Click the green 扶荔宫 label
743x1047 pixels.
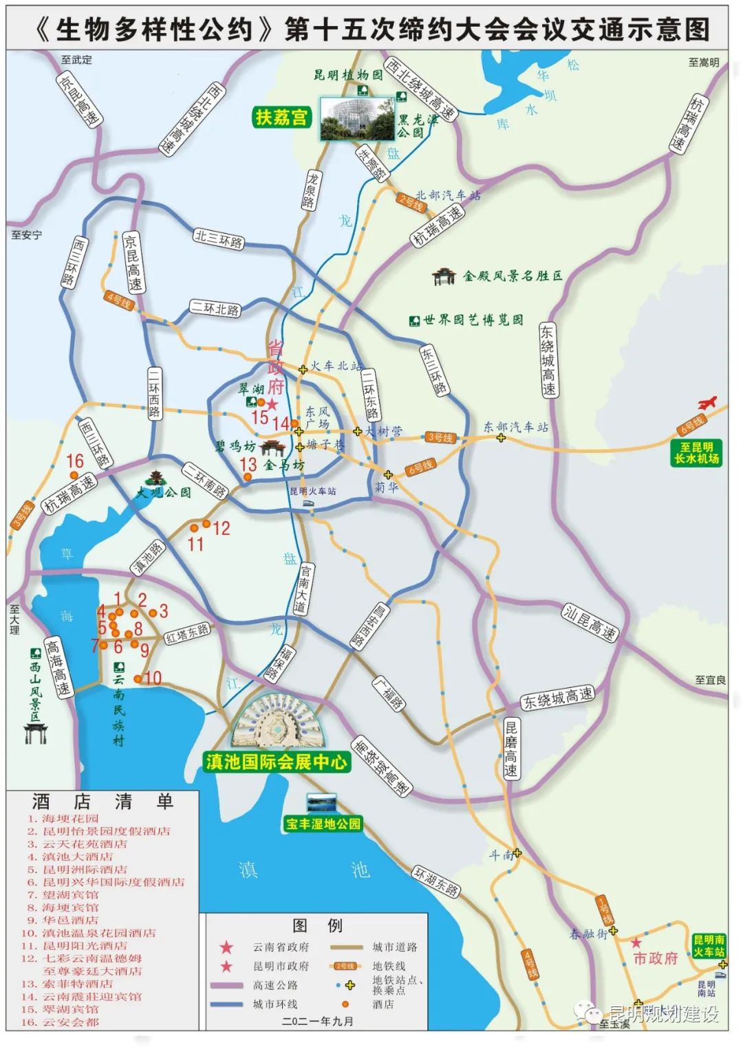281,118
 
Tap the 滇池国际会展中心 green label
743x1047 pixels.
277,762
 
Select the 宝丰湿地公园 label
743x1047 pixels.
323,824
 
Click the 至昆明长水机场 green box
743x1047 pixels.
696,453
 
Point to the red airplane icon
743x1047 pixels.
707,403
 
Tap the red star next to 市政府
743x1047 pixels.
636,943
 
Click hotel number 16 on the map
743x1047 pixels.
75,461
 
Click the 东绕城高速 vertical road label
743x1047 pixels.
548,360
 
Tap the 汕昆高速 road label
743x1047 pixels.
590,624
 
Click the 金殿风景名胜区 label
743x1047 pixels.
512,276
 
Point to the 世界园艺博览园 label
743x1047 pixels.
473,320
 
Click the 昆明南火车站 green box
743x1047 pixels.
708,945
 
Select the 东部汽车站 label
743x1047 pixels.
516,427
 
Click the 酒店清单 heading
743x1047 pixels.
103,802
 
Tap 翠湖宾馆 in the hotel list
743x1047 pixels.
70,1009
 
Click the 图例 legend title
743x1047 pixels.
317,925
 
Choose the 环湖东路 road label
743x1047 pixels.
435,881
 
